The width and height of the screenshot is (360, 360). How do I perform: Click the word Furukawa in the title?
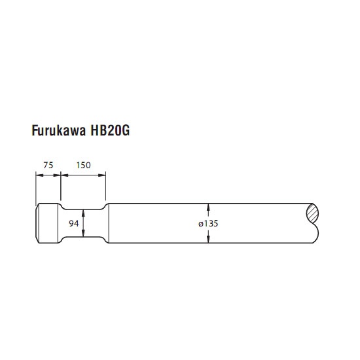click(59, 130)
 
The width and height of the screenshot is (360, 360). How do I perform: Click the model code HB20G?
click(110, 130)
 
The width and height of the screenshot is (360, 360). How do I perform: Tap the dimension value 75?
click(48, 165)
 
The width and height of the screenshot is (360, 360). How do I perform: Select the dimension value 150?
click(83, 165)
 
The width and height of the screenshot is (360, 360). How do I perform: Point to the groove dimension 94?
click(74, 223)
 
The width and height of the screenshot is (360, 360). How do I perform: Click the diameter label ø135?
click(208, 223)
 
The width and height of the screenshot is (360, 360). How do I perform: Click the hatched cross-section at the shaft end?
click(312, 213)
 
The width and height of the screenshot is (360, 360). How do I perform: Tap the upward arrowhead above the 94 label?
click(83, 213)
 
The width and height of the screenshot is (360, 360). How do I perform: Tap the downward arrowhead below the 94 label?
click(83, 233)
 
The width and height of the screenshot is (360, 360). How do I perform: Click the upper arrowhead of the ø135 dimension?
click(208, 207)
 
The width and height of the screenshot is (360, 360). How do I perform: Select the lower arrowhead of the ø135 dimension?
click(208, 239)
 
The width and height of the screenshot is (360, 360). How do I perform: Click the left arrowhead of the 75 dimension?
click(40, 175)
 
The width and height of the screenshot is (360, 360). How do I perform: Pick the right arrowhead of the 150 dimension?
click(102, 175)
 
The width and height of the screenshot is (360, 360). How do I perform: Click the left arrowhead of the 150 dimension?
click(65, 175)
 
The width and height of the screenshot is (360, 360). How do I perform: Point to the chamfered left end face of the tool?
click(37, 223)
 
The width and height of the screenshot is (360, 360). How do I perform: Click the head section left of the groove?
click(48, 223)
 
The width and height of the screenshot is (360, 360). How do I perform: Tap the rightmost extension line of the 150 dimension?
click(105, 186)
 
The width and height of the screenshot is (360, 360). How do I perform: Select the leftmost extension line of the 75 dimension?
click(36, 189)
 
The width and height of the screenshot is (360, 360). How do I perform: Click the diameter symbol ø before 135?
click(201, 224)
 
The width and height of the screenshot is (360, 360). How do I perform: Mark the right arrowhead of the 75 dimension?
click(57, 175)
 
